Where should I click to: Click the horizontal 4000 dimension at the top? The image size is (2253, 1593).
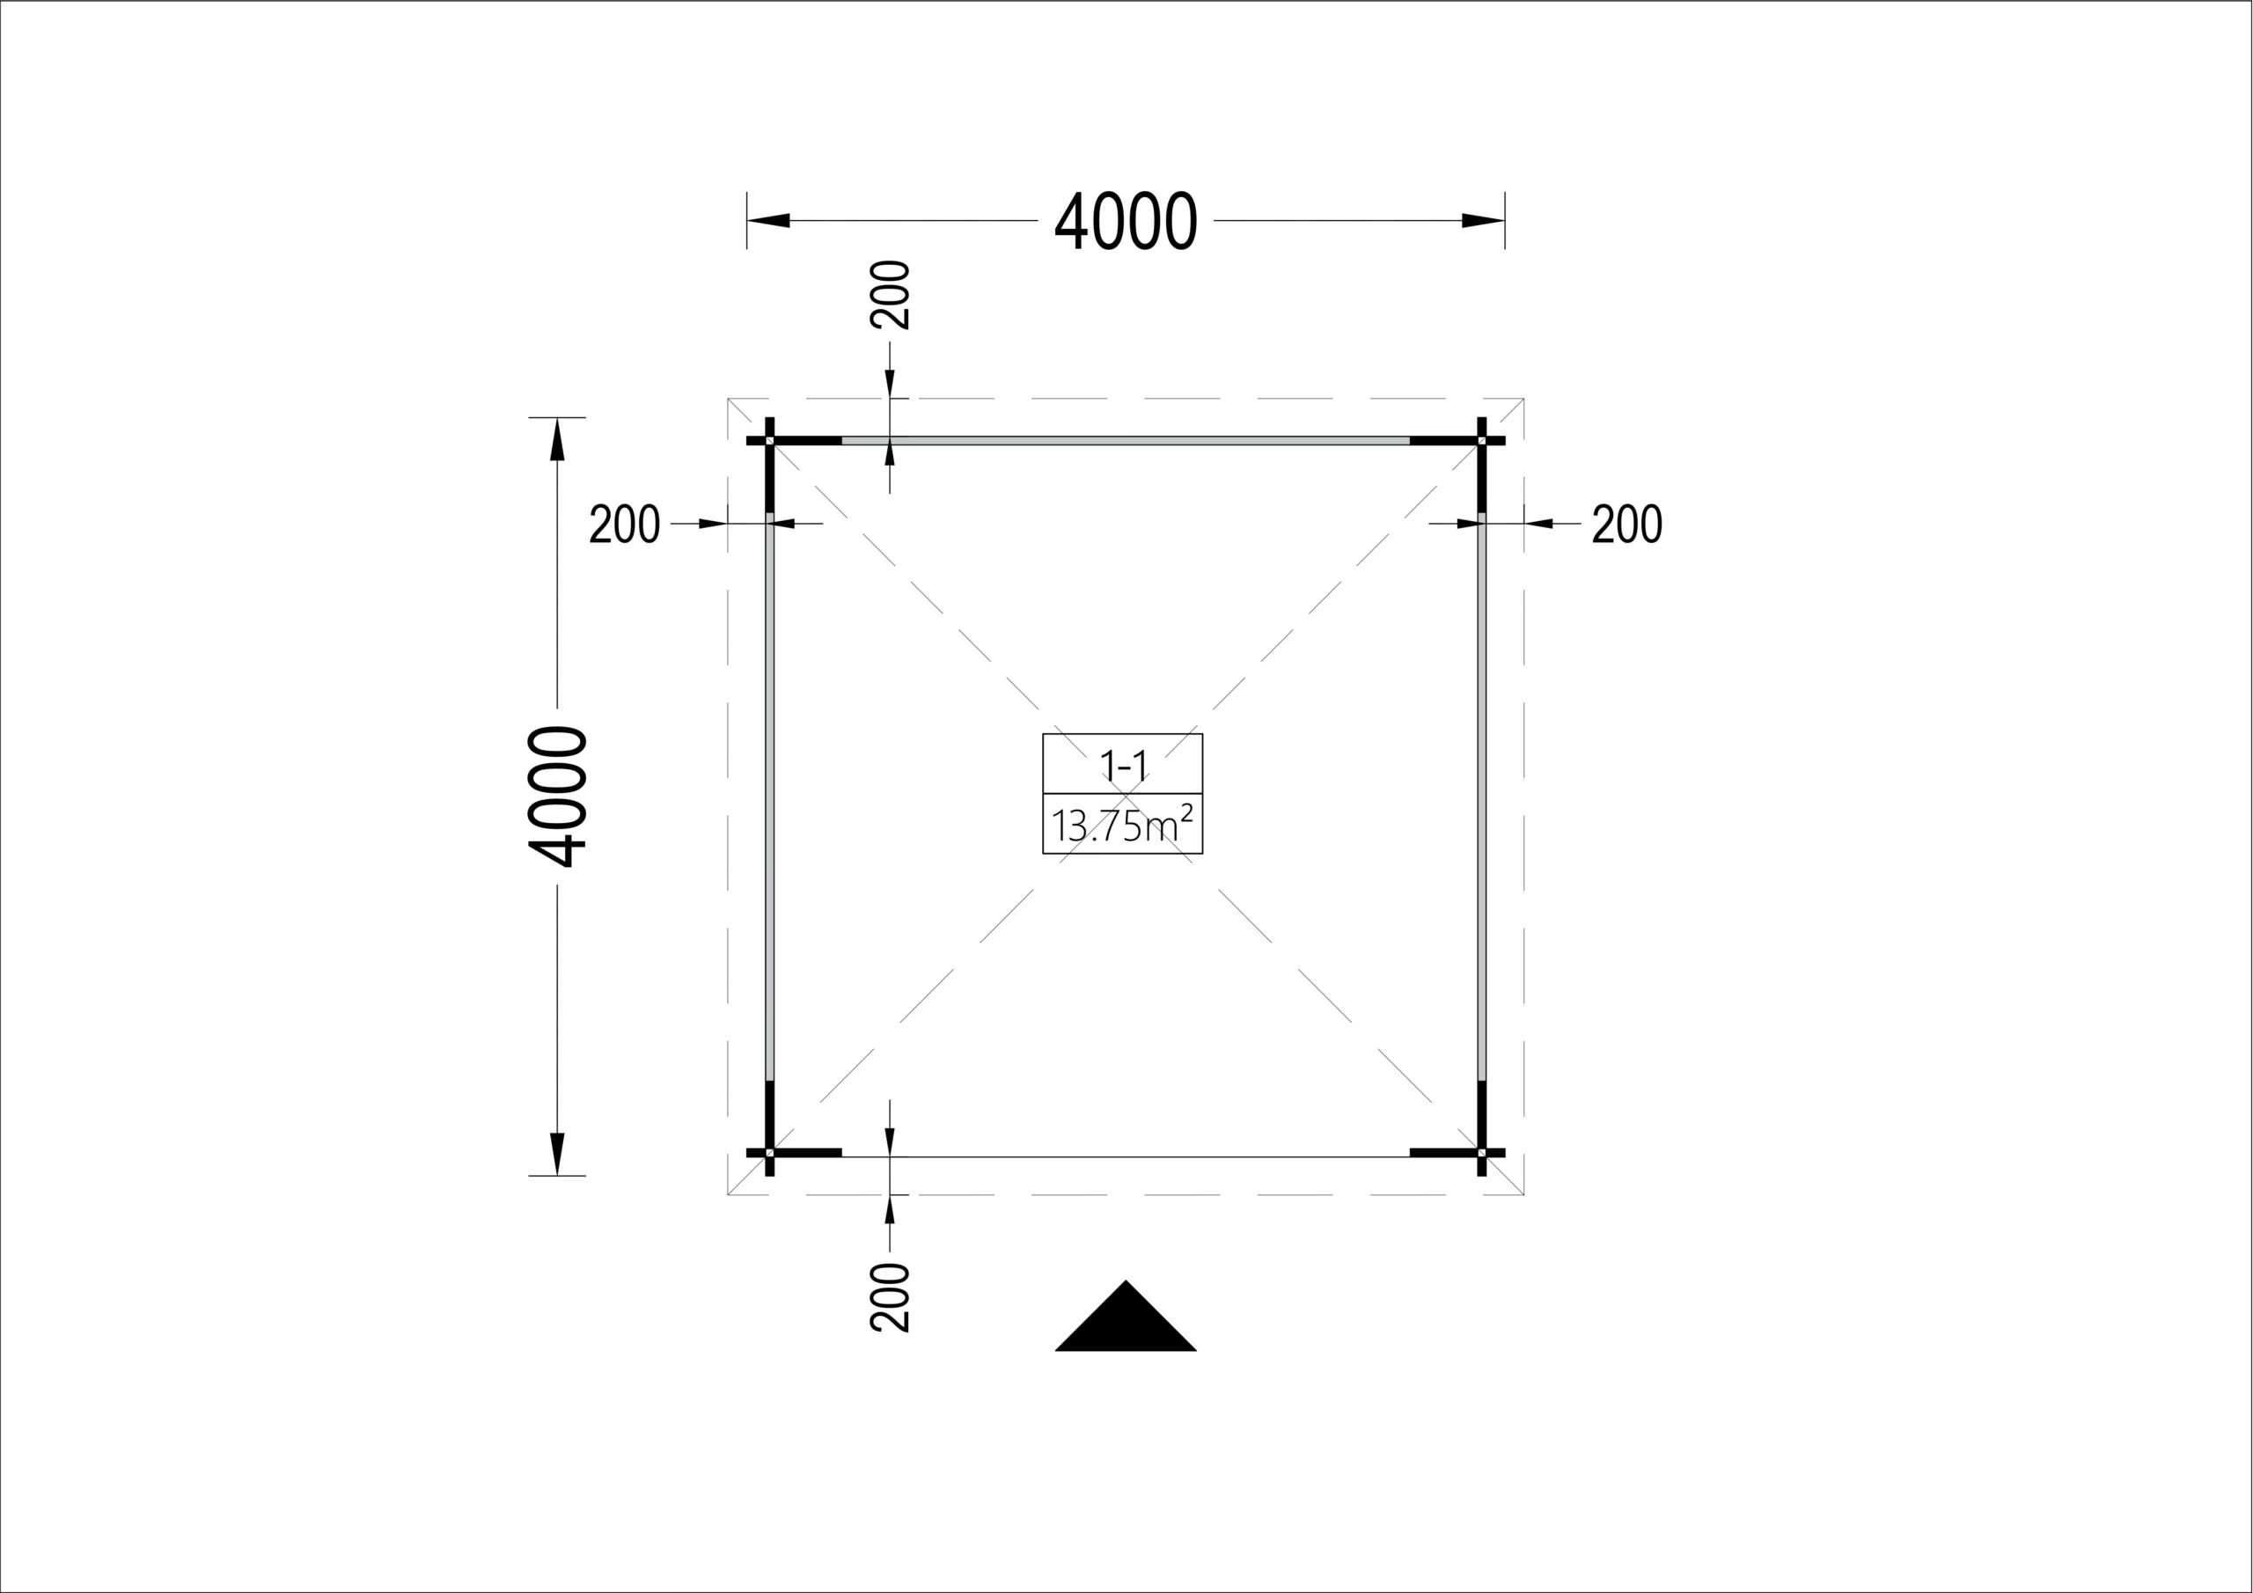(x=1126, y=221)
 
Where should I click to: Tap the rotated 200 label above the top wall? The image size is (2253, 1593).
(x=890, y=295)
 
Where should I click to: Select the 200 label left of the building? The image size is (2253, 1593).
(x=624, y=525)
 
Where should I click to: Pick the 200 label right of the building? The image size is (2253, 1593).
(x=1627, y=525)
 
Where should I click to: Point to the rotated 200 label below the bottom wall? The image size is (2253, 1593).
(x=890, y=1296)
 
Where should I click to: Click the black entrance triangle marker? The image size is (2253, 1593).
(x=1126, y=1317)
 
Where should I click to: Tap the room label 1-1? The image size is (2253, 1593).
(x=1123, y=765)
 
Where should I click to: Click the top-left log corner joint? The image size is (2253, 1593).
(x=769, y=441)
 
